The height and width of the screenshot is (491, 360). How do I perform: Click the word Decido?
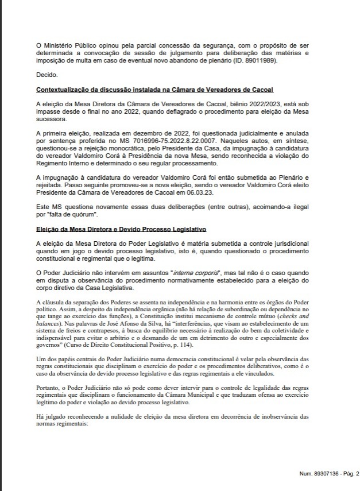pyautogui.click(x=46, y=75)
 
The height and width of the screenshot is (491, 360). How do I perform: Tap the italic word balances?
pyautogui.click(x=48, y=323)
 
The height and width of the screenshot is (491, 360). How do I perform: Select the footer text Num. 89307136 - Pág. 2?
pyautogui.click(x=329, y=474)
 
